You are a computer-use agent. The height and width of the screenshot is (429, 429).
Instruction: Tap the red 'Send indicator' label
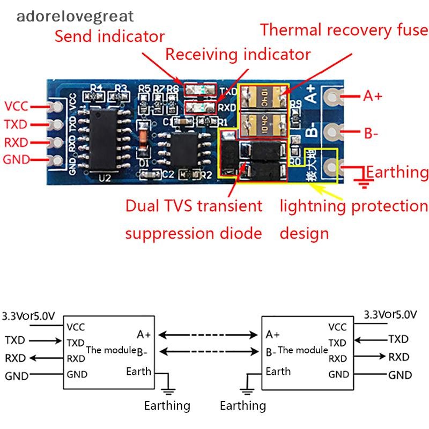click(109, 36)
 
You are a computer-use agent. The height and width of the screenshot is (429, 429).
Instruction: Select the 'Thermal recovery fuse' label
click(344, 29)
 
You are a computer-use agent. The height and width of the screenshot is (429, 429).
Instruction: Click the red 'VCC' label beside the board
click(16, 106)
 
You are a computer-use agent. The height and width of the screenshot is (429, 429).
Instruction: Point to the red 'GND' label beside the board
click(16, 160)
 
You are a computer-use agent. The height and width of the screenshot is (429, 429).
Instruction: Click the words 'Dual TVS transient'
click(194, 206)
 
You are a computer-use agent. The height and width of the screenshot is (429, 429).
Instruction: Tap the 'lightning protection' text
click(354, 206)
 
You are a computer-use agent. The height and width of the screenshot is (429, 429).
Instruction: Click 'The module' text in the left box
click(111, 350)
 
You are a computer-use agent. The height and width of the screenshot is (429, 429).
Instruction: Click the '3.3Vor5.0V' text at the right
click(390, 314)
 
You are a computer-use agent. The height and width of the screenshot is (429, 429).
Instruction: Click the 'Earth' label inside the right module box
click(278, 371)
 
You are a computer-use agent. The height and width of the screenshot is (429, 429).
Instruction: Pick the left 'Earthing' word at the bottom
click(167, 405)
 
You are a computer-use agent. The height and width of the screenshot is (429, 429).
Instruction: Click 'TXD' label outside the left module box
click(16, 340)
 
